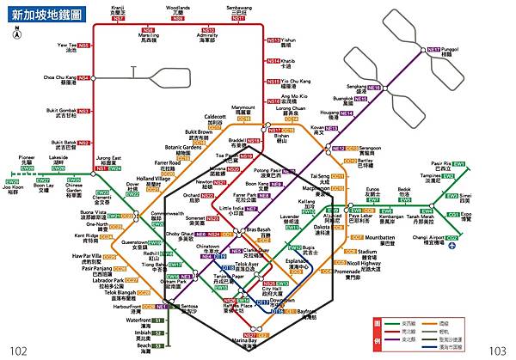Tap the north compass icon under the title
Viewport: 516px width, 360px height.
point(17,37)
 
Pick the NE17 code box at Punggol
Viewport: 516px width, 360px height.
point(434,50)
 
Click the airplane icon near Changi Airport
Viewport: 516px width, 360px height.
point(451,246)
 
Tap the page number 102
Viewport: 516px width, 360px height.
point(18,350)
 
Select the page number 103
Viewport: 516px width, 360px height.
point(496,350)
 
